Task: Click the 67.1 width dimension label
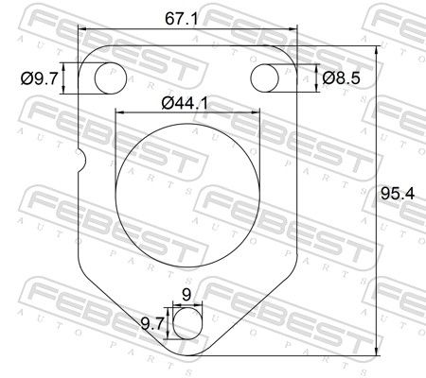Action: (182, 19)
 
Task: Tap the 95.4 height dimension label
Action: (398, 194)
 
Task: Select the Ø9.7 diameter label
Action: (40, 78)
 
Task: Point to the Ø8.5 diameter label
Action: (341, 77)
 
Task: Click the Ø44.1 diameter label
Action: (185, 103)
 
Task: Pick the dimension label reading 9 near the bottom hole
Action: (186, 295)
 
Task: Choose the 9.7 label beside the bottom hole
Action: (151, 323)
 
